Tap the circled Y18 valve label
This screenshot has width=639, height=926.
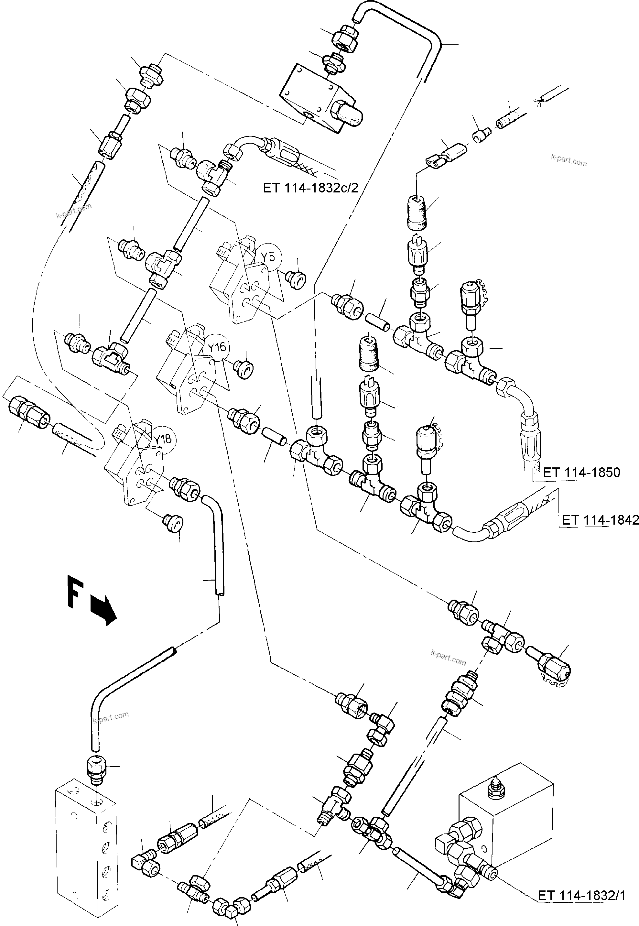[163, 439]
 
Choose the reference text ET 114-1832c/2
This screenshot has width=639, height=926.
[311, 188]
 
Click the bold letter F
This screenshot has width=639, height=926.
[75, 592]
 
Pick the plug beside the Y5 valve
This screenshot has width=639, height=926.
[297, 278]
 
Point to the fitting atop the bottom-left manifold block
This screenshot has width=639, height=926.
[96, 770]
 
